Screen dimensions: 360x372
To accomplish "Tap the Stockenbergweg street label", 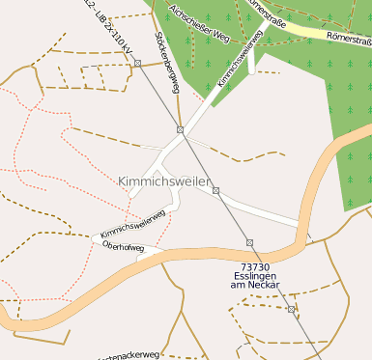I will point(167,64).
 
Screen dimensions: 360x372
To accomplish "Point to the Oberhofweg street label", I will point(123,247).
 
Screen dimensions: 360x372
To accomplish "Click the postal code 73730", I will point(250,265).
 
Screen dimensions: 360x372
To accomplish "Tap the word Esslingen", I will point(250,275).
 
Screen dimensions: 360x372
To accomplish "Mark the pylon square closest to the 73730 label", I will point(249,242).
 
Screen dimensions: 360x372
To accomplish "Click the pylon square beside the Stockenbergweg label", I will point(138,63).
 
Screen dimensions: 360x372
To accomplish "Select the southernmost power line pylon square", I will point(290,309).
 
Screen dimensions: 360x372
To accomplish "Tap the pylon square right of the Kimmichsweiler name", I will point(215,190).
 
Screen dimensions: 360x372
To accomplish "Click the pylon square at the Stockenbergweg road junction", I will point(180,129).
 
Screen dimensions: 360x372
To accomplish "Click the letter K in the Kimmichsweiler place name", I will point(123,181).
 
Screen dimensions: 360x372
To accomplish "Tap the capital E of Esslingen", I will point(233,275).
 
